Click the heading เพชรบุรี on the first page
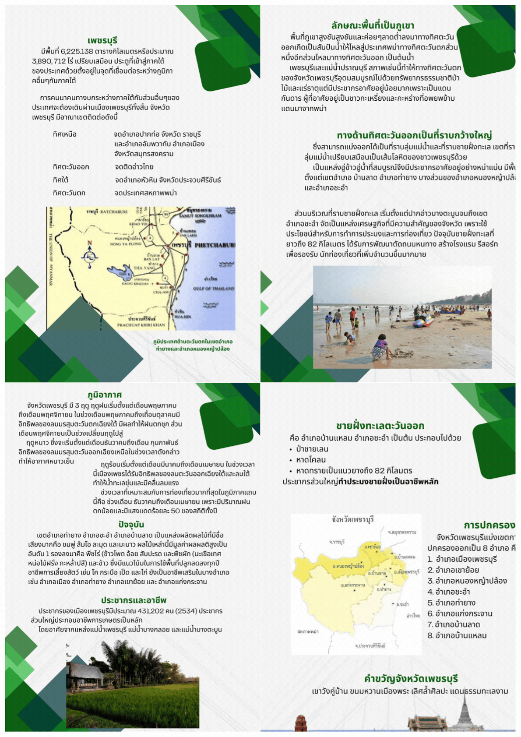click(x=102, y=41)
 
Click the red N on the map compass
click(x=90, y=243)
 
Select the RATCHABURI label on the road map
click(x=113, y=212)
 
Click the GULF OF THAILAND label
click(x=213, y=288)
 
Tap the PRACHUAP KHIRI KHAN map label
click(x=141, y=325)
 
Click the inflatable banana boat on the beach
click(x=423, y=321)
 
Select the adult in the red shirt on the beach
click(x=352, y=317)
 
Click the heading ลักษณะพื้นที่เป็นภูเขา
click(x=373, y=25)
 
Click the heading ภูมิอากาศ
click(x=105, y=395)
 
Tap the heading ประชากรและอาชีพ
click(x=134, y=600)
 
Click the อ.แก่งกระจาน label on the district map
click(x=353, y=585)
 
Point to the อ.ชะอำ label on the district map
click(x=402, y=604)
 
